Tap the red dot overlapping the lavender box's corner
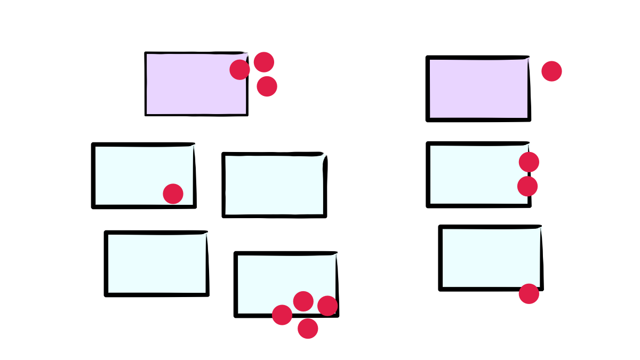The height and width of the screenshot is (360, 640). [x=240, y=70]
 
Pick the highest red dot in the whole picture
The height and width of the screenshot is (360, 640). [x=264, y=62]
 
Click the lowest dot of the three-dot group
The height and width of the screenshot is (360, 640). [x=267, y=86]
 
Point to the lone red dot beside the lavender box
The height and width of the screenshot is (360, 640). [x=551, y=71]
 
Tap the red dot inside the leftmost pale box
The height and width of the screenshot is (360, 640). [x=173, y=194]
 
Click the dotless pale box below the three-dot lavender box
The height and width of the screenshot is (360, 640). [x=274, y=185]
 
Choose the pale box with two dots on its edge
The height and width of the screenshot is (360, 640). [x=475, y=174]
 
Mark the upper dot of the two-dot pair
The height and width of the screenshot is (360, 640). [x=529, y=162]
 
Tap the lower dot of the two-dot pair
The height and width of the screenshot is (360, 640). [x=527, y=186]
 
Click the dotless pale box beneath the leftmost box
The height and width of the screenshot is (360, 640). [x=157, y=263]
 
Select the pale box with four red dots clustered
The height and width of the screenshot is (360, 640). [x=277, y=277]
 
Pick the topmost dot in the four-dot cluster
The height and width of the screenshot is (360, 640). [x=303, y=301]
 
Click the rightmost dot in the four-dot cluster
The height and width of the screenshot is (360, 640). [x=327, y=306]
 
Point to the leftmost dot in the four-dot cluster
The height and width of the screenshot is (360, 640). [x=282, y=315]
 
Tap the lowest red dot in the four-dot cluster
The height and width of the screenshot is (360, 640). [x=308, y=329]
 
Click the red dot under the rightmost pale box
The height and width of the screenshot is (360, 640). [x=529, y=294]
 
